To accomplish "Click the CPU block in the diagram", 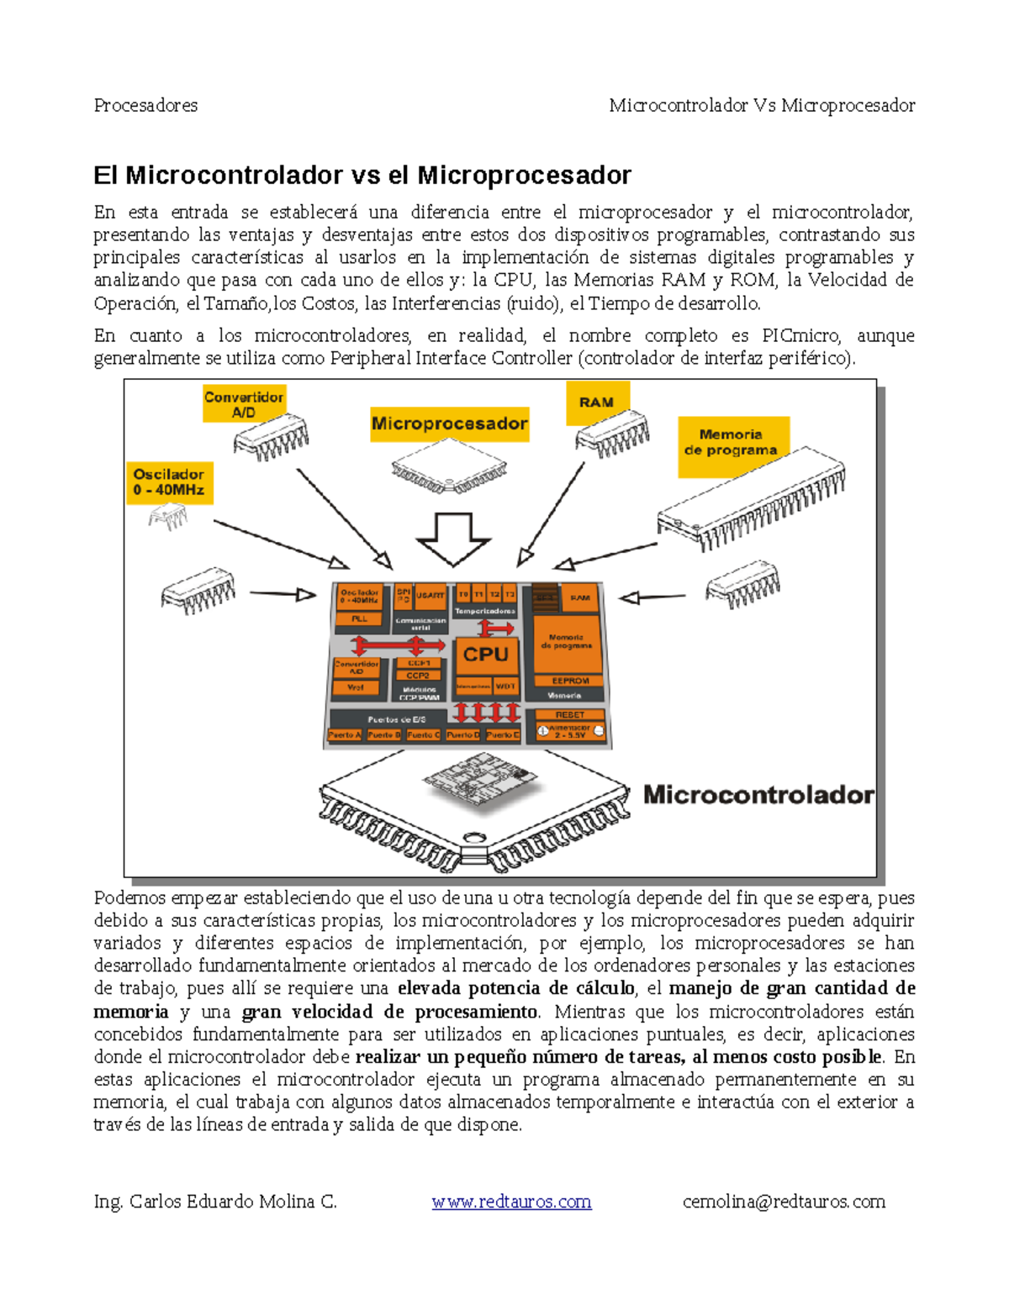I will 485,655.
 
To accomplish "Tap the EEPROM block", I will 570,681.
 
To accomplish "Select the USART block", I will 431,596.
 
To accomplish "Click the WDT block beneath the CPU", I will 505,687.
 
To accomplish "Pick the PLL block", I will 359,619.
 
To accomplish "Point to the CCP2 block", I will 418,676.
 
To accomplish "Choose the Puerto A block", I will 344,735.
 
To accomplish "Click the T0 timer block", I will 463,595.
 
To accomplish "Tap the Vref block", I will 356,687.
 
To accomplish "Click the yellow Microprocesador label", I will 450,424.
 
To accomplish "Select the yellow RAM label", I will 596,402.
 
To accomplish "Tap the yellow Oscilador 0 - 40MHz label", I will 169,482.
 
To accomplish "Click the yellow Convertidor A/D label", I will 244,404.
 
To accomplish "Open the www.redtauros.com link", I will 511,1202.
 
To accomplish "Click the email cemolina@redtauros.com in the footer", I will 784,1202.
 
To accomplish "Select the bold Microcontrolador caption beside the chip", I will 758,795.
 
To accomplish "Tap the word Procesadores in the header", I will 146,106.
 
